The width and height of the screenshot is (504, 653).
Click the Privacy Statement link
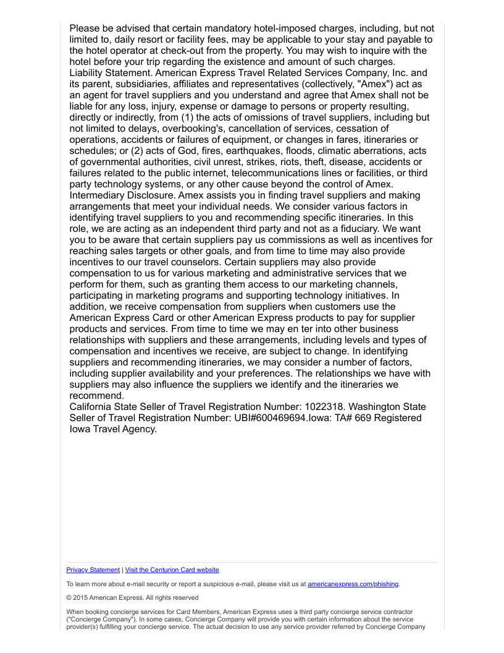point(93,570)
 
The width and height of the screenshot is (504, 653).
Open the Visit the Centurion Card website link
point(172,570)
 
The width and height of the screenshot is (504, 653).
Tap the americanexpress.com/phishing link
point(353,584)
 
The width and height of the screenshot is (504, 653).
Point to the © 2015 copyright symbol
point(69,598)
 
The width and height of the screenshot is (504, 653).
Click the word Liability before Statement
point(88,73)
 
